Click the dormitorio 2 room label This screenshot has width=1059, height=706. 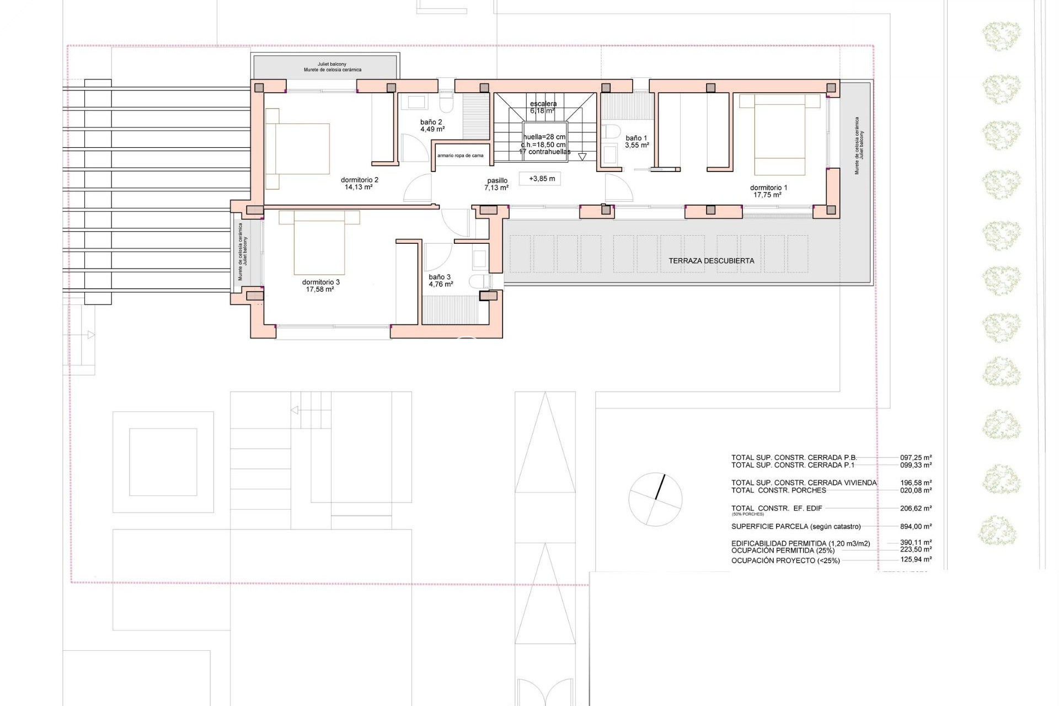(359, 180)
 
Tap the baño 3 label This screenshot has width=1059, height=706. (440, 277)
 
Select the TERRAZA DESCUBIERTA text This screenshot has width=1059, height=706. (711, 261)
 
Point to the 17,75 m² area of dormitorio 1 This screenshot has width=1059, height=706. (767, 195)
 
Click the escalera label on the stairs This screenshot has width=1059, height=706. (543, 104)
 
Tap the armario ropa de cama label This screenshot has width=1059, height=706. (460, 156)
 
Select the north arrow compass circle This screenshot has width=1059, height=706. (655, 499)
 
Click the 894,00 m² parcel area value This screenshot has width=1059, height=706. (916, 526)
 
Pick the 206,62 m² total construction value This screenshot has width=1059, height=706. (916, 509)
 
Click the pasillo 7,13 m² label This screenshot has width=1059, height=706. (496, 184)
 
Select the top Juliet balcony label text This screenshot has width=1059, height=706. (332, 65)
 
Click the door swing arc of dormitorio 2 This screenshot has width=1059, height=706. (418, 189)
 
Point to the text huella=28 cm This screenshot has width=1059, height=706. (544, 137)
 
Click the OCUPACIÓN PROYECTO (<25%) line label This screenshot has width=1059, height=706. (785, 560)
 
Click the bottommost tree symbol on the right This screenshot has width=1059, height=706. (997, 530)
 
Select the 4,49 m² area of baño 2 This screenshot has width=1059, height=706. (432, 130)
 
